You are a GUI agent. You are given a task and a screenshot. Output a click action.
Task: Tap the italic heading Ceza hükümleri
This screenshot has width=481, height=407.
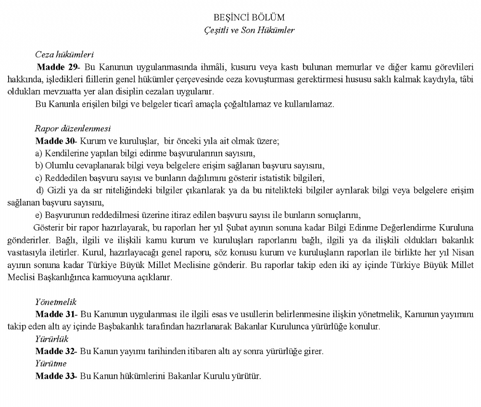(64, 54)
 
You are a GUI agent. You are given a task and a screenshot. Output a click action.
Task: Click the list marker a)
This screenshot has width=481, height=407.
(39, 153)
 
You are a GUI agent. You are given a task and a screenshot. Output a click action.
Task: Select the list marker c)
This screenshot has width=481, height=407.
(39, 178)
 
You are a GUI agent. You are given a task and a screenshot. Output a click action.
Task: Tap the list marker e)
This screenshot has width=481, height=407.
(39, 214)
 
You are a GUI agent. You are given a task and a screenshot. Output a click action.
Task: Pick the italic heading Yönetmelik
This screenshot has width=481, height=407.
(55, 302)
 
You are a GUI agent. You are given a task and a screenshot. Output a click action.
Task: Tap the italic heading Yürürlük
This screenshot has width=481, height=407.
(51, 339)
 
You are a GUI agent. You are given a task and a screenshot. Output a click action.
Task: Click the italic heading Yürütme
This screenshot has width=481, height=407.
(51, 363)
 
